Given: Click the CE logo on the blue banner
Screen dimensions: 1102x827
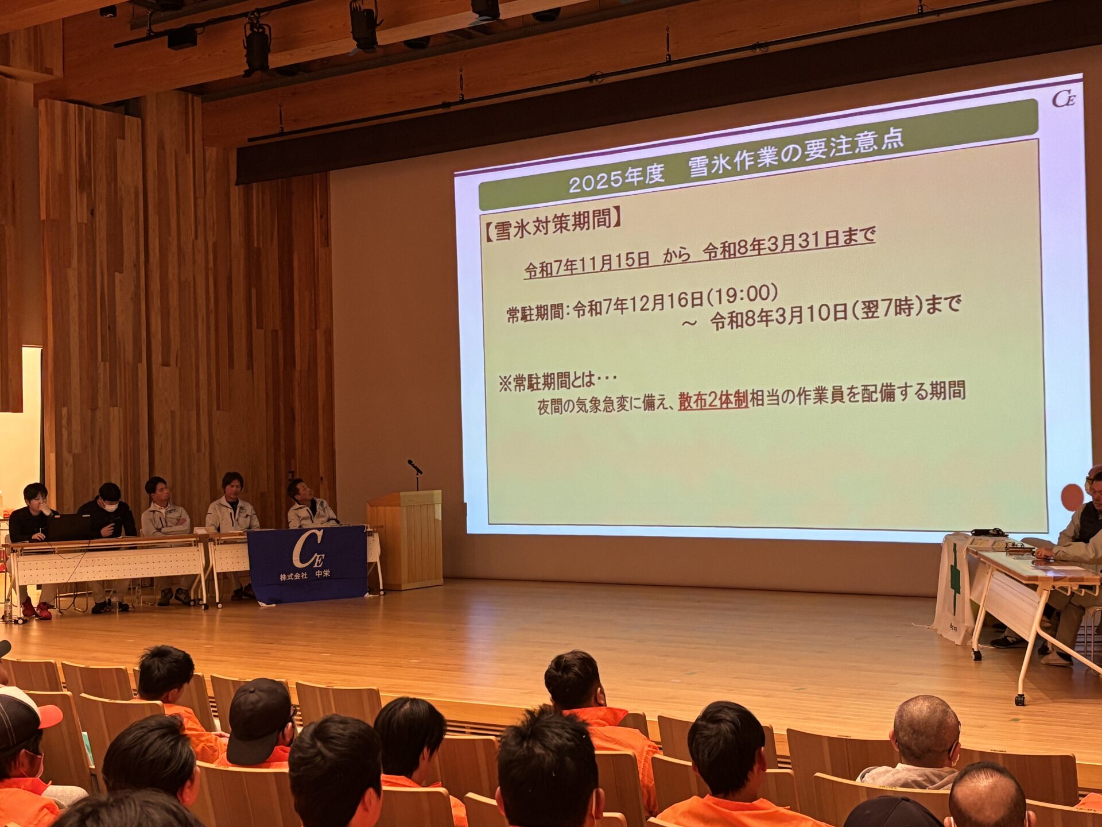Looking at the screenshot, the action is click(308, 550).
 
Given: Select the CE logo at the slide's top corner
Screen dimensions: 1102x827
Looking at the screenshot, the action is click(1064, 99).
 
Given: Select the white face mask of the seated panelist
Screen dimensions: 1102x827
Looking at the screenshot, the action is click(110, 507).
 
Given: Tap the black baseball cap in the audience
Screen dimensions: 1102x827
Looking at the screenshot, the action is click(259, 720).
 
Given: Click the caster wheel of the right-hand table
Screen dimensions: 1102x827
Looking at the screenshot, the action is click(1020, 700).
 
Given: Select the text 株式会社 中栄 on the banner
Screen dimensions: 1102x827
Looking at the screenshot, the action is click(305, 575).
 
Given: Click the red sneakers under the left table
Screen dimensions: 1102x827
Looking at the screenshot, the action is click(35, 609).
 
